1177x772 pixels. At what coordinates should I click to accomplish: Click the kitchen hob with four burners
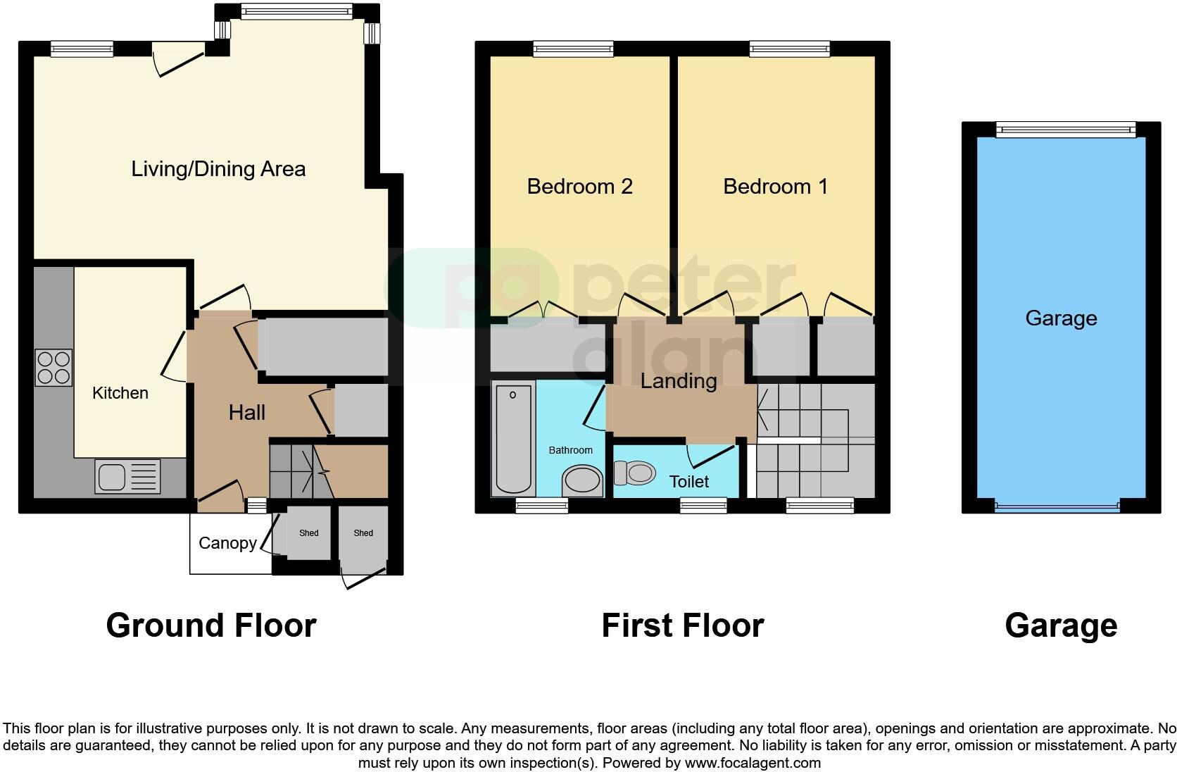coord(53,368)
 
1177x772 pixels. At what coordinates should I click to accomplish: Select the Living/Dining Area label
coord(218,169)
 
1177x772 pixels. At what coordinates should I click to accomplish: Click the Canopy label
coord(227,543)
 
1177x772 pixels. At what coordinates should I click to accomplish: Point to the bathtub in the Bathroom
coord(513,438)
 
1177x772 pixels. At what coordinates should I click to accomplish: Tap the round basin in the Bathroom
coord(582,482)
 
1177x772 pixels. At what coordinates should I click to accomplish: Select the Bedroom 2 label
coord(579,187)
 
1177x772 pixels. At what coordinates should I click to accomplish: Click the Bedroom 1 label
coord(775,187)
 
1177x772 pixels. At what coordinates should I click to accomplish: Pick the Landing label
coord(678,381)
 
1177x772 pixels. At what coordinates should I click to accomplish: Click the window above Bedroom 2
coord(573,49)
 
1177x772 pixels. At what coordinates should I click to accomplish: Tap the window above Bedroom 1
coord(789,49)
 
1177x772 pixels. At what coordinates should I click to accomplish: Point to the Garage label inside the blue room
coord(1061,318)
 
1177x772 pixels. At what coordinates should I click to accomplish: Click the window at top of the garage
coord(1065,129)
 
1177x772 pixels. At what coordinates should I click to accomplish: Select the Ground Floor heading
coord(210,625)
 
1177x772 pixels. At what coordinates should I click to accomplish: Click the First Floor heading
coord(682,625)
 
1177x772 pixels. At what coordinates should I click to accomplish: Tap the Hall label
coord(246,413)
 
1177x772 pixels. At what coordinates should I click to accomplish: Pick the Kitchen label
coord(120,393)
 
